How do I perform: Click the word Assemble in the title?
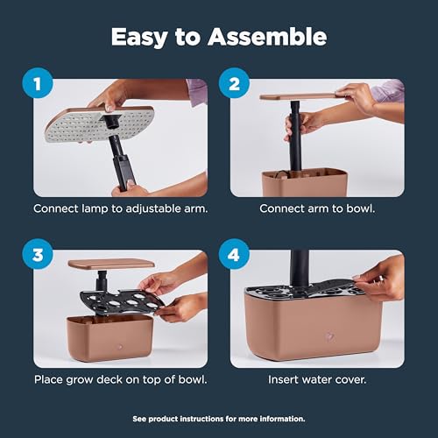tap(267, 37)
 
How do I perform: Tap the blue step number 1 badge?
tap(38, 83)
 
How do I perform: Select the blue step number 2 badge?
tap(234, 83)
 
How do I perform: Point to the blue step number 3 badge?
tap(38, 254)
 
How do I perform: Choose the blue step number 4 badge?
tap(234, 254)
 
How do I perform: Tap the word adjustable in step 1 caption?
tap(153, 209)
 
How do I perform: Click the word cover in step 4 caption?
tap(350, 380)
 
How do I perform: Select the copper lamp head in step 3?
tap(111, 264)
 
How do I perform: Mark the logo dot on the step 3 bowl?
tap(119, 347)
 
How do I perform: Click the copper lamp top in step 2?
tap(300, 96)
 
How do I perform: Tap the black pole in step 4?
tap(300, 270)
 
